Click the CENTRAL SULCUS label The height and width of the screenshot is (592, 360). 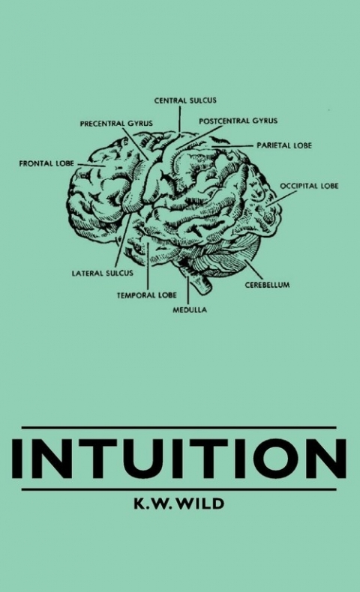(x=185, y=100)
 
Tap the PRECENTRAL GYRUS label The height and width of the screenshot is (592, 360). (x=116, y=124)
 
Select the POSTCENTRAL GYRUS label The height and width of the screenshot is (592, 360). (x=238, y=121)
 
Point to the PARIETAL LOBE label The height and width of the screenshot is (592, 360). (x=284, y=145)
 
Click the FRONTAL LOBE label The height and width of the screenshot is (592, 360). (x=46, y=163)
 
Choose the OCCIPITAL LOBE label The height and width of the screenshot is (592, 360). (x=309, y=186)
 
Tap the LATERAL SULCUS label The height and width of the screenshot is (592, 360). (x=102, y=273)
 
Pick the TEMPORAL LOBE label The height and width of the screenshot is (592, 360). (x=146, y=295)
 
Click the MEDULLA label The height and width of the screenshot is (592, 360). (x=190, y=309)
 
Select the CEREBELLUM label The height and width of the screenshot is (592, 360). (x=267, y=285)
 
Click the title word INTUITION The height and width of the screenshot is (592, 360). (x=179, y=459)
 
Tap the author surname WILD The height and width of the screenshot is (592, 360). (x=201, y=504)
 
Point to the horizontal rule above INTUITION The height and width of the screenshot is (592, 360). (x=179, y=428)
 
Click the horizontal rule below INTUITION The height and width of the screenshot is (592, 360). (x=179, y=489)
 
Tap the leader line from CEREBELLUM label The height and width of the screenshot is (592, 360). (x=253, y=270)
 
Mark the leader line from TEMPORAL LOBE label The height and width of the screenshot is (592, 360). (x=148, y=265)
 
